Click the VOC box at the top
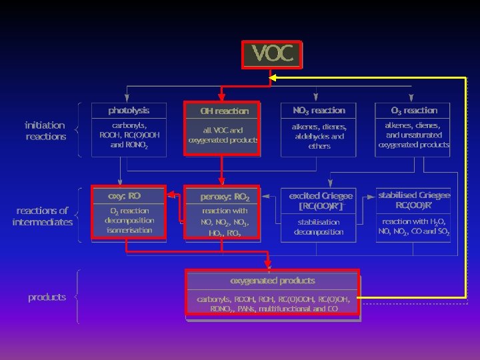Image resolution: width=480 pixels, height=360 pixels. [x=272, y=54]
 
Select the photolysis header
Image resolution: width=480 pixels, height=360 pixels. [x=129, y=110]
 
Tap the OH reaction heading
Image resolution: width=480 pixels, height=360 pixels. [x=224, y=111]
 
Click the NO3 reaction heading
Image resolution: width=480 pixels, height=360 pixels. [x=319, y=110]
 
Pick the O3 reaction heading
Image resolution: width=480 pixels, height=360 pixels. [x=414, y=110]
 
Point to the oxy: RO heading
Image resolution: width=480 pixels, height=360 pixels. [x=125, y=195]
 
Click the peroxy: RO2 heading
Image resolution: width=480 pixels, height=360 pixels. [x=225, y=197]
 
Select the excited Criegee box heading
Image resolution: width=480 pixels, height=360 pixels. [x=321, y=200]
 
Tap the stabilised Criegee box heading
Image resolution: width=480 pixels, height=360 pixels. [x=414, y=199]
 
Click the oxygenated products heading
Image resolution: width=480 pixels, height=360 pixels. [x=273, y=281]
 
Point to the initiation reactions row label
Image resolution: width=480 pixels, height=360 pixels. [x=45, y=131]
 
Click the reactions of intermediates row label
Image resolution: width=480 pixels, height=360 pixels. [x=42, y=216]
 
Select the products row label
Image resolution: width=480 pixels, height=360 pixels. [x=47, y=297]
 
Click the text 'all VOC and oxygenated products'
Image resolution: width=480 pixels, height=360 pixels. [x=223, y=135]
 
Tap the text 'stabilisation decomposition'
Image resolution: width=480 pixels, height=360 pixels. [x=319, y=227]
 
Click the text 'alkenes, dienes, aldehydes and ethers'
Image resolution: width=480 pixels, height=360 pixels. [x=319, y=135]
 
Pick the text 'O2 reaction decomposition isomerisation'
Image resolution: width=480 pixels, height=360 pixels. [x=129, y=220]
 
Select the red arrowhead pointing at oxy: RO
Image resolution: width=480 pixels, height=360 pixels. [x=170, y=195]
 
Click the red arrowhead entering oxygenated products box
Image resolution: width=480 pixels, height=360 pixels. [x=267, y=265]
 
